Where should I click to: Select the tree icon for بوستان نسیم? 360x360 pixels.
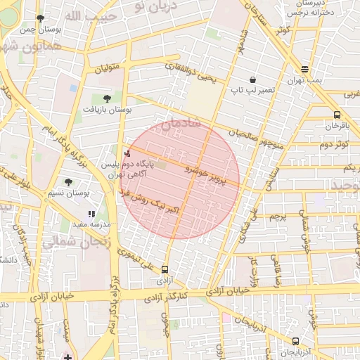(68, 182)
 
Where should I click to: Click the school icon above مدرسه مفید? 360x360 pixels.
(91, 214)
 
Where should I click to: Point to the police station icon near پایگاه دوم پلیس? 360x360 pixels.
(127, 152)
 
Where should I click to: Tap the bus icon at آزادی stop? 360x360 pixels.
(165, 269)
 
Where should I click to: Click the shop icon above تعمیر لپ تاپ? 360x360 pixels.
(252, 79)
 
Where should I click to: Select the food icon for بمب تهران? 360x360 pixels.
(304, 69)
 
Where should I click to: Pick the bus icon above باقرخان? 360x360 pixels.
(337, 115)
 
